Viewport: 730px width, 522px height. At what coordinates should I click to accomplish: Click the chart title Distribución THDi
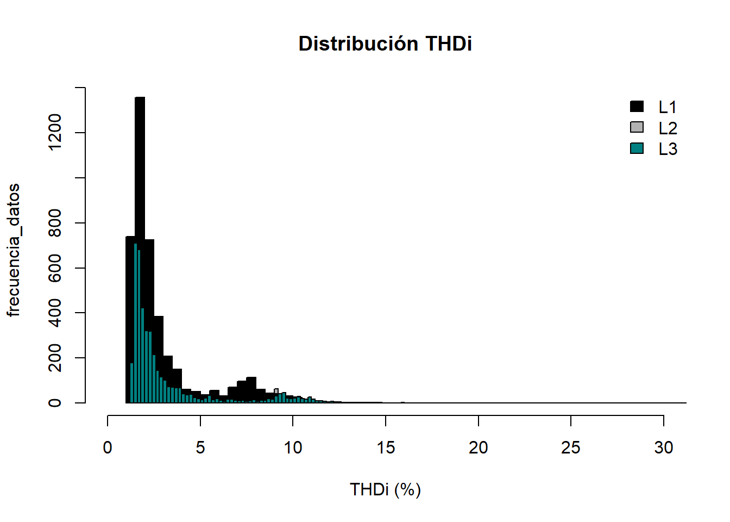click(385, 44)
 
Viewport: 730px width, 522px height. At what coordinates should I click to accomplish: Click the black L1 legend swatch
click(637, 107)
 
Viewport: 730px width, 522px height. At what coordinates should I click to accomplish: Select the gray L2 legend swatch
click(637, 127)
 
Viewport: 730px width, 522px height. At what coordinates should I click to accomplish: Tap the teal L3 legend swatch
click(637, 148)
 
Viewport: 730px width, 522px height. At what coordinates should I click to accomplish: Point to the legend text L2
click(668, 128)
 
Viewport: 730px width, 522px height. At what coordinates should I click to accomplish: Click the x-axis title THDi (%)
click(385, 489)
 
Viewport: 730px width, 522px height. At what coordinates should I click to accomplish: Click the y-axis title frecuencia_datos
click(14, 250)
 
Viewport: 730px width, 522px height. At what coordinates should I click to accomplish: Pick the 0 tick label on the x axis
click(108, 448)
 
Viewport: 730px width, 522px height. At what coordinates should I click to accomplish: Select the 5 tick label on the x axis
click(200, 448)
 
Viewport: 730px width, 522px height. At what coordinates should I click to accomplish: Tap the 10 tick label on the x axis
click(293, 448)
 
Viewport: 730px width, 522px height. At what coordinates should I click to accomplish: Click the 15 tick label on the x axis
click(386, 448)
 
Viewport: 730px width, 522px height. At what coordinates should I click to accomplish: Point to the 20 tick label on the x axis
click(479, 448)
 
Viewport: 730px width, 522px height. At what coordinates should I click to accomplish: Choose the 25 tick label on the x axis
click(571, 448)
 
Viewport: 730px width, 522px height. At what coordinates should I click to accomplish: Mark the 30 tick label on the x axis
click(664, 448)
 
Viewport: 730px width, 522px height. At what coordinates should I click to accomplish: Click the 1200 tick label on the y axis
click(55, 133)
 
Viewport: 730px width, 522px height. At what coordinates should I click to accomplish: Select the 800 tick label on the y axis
click(55, 223)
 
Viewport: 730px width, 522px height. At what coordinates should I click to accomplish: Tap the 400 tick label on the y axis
click(55, 313)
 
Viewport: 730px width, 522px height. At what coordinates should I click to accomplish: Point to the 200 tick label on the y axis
click(55, 358)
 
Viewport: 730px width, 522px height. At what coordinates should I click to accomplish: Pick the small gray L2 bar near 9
click(276, 391)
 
